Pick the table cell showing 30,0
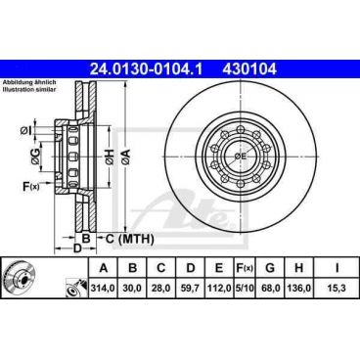131,291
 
